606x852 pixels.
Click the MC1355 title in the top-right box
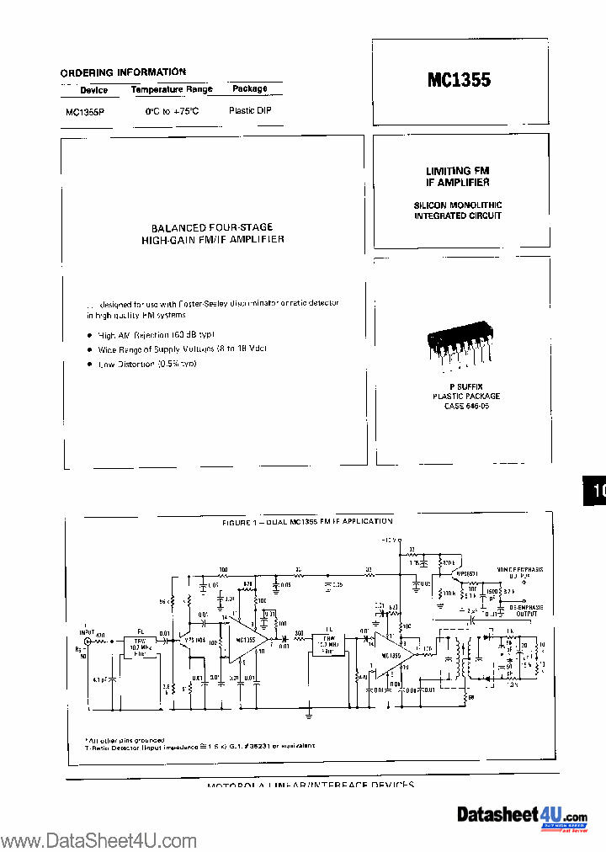(x=459, y=80)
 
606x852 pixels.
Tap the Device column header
(x=93, y=90)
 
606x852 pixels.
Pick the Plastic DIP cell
(x=250, y=110)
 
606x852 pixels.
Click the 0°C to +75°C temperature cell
(x=172, y=111)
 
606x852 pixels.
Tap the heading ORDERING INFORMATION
(x=123, y=72)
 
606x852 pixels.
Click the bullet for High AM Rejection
(x=90, y=334)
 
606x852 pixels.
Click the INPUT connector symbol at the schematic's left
(x=87, y=640)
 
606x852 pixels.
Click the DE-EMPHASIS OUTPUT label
(x=520, y=610)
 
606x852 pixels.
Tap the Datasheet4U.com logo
(x=522, y=816)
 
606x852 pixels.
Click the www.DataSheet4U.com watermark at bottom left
(x=98, y=840)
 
